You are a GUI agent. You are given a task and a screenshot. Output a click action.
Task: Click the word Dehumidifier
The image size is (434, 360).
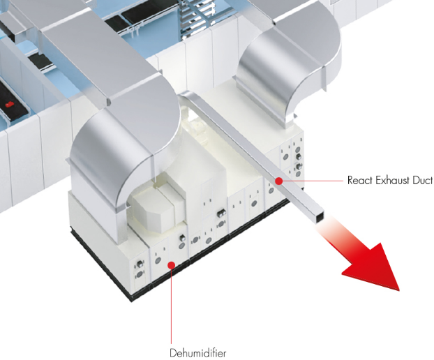pos(197,352)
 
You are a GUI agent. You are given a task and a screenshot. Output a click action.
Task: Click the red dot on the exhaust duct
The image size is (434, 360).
pos(278,180)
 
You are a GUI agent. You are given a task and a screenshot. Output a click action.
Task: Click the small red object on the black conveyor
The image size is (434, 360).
pos(9,105)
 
